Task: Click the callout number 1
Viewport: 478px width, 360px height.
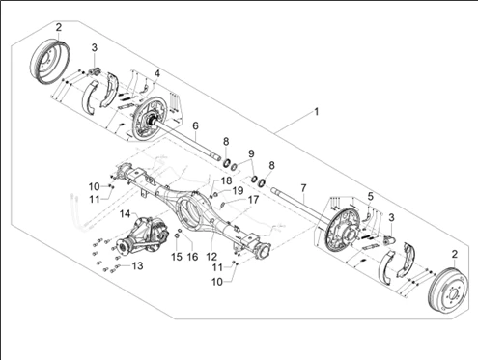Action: coord(317,112)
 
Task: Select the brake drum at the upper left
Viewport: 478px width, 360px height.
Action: coord(50,62)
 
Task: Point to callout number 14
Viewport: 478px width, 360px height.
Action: coord(125,213)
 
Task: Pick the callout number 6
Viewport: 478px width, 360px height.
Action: coord(195,125)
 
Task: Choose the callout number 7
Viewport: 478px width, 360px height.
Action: coord(303,188)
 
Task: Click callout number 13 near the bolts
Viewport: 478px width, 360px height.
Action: coord(137,266)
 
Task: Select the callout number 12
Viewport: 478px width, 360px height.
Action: coord(211,257)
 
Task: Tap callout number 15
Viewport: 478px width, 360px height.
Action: coord(177,257)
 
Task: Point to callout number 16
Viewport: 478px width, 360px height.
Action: coord(192,257)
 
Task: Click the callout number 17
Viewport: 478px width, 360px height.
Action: coord(253,200)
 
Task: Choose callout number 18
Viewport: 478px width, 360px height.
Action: coord(226,180)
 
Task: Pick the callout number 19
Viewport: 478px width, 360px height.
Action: coord(238,191)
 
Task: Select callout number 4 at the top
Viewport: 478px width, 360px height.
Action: coord(156,73)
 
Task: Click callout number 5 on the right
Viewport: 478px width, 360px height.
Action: coord(370,196)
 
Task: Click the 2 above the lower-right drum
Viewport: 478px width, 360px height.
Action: coord(454,255)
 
